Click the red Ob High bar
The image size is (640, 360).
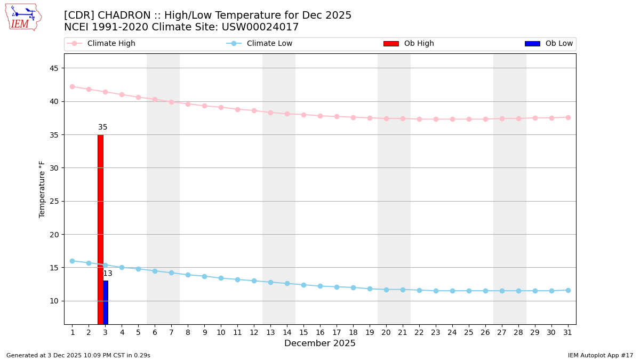coord(100,229)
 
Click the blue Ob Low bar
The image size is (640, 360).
coord(106,302)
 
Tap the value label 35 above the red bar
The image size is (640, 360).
coord(103,127)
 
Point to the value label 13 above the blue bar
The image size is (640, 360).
coord(108,274)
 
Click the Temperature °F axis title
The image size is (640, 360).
coord(42,189)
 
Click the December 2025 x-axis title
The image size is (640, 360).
coord(320,343)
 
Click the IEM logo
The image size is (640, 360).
coord(23,17)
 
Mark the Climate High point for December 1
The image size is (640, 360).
coord(72,86)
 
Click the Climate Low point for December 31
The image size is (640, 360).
coord(568,290)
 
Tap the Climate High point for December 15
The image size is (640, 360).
coord(303,115)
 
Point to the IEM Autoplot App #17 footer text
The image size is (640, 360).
coord(600,355)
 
